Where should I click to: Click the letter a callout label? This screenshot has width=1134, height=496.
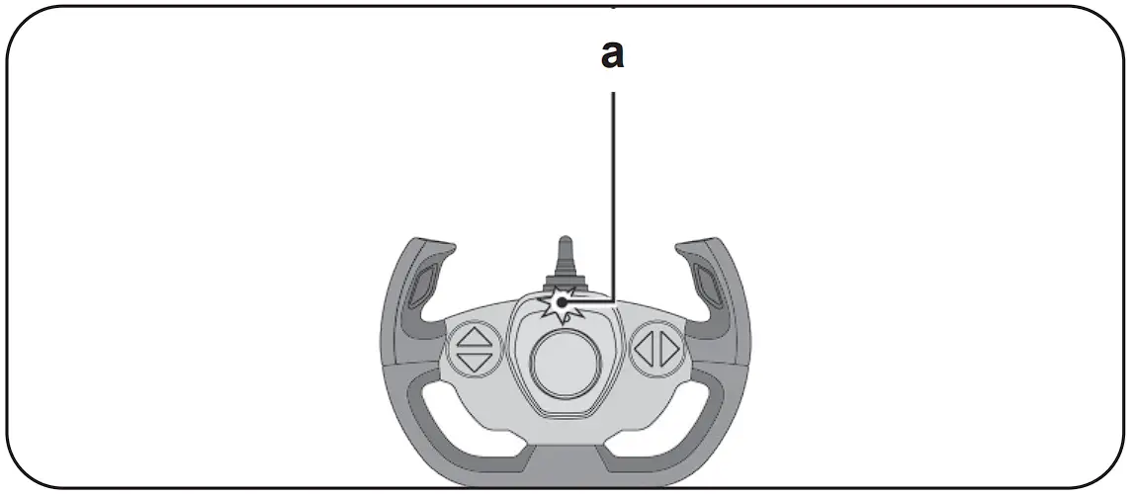coord(613,55)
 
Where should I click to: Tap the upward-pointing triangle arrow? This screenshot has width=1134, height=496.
coord(477,335)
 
